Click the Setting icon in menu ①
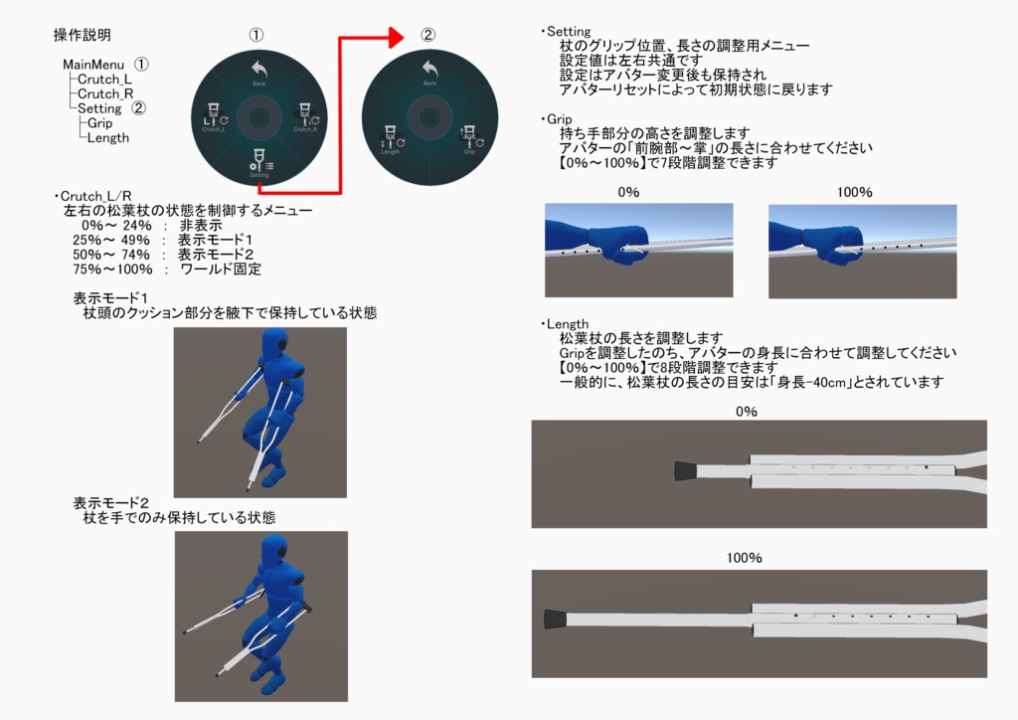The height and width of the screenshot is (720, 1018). click(258, 162)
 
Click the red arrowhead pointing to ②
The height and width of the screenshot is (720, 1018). click(396, 38)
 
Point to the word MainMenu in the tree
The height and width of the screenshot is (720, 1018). click(93, 64)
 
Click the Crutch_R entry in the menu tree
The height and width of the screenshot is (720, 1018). click(105, 93)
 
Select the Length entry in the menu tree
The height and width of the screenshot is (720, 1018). click(107, 138)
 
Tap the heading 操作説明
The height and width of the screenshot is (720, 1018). click(83, 36)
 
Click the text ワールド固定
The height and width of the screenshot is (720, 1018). click(221, 270)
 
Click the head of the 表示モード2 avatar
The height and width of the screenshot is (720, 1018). click(275, 549)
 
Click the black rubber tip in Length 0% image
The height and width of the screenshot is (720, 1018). click(684, 471)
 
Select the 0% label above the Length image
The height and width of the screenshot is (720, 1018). click(746, 411)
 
